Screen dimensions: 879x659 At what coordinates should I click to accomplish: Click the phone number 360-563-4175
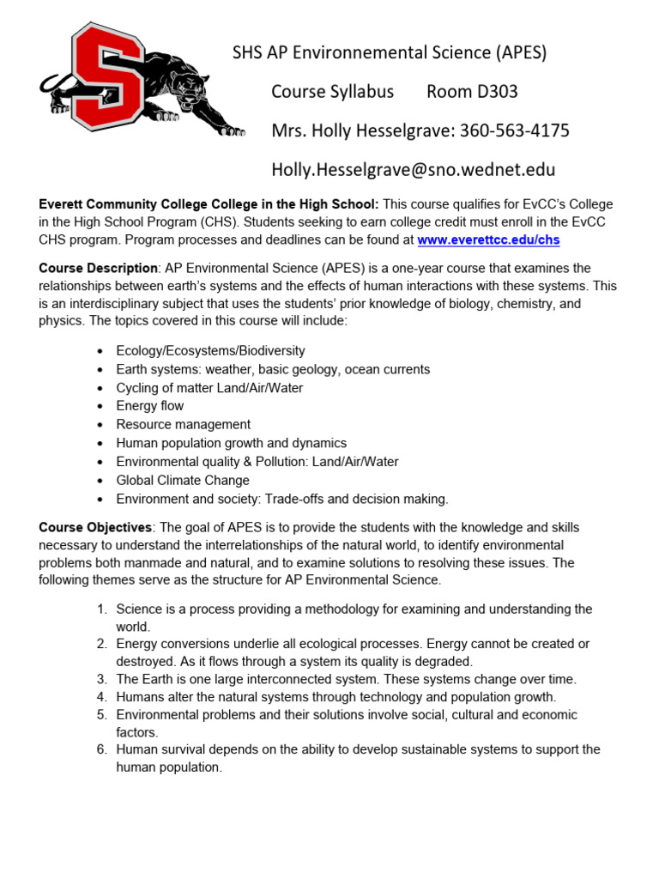[x=514, y=130]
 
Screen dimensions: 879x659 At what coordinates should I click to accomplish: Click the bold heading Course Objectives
[x=95, y=526]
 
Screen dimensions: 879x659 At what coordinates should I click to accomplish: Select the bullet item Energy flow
[x=150, y=406]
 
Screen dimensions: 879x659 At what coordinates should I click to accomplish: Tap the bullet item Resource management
[x=184, y=424]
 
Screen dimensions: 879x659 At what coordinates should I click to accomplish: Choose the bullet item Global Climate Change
[x=183, y=480]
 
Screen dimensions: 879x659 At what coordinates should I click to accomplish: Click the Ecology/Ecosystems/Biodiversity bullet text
[x=210, y=350]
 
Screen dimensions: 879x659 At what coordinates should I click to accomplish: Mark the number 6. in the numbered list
[x=101, y=749]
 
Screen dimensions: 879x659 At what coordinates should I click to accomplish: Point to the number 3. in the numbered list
[x=101, y=679]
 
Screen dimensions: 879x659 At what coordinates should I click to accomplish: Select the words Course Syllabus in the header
[x=332, y=92]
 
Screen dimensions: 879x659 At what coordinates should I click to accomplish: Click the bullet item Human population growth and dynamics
[x=231, y=443]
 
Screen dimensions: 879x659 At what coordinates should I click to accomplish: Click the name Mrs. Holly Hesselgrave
[x=361, y=130]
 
